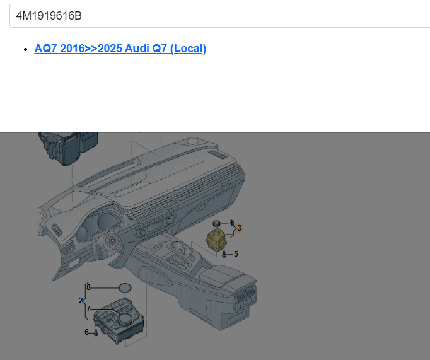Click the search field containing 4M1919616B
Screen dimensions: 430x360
[219, 16]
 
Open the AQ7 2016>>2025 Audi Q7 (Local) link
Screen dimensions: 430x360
[120, 49]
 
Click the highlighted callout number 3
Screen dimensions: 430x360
[239, 228]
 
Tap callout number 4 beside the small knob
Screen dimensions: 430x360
[231, 223]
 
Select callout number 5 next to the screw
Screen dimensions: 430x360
[236, 254]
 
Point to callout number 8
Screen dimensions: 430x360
[88, 287]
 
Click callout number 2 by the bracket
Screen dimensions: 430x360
[81, 301]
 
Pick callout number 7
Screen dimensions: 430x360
[88, 309]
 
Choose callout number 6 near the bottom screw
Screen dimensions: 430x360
[86, 332]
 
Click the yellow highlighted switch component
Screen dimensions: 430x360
[216, 240]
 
